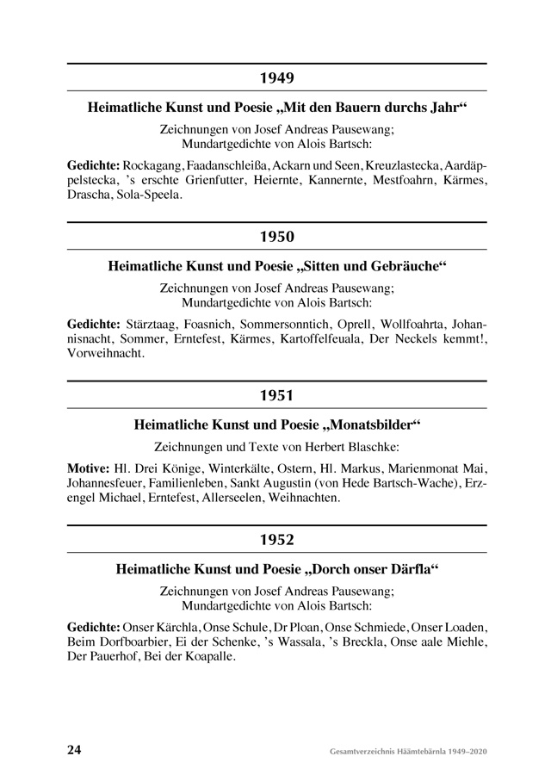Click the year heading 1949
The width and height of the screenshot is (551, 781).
pyautogui.click(x=276, y=77)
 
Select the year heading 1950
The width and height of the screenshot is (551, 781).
pyautogui.click(x=276, y=237)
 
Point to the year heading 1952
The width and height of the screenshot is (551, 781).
pyautogui.click(x=276, y=540)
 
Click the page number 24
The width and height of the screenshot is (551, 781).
pyautogui.click(x=74, y=749)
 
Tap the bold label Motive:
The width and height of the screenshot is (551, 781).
pyautogui.click(x=87, y=468)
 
